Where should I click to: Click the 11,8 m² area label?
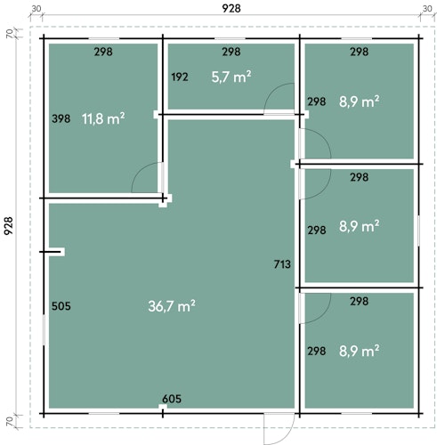(103, 118)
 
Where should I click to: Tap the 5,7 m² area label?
(231, 77)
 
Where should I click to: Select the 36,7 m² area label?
(172, 306)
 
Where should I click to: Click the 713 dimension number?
(282, 264)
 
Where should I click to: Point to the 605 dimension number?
(172, 399)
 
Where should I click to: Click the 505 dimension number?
(61, 306)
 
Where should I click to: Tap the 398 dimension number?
(61, 118)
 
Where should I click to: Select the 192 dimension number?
(180, 77)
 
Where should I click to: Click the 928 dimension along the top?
(231, 8)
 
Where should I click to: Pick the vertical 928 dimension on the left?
(8, 226)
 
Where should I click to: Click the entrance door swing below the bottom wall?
(279, 428)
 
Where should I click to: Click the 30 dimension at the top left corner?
(36, 9)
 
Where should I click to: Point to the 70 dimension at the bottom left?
(10, 421)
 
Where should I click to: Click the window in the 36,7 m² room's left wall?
(45, 330)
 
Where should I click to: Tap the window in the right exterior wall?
(418, 231)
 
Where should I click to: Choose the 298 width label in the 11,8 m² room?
(103, 52)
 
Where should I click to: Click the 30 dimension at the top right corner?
(427, 9)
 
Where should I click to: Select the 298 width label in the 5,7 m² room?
(231, 52)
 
